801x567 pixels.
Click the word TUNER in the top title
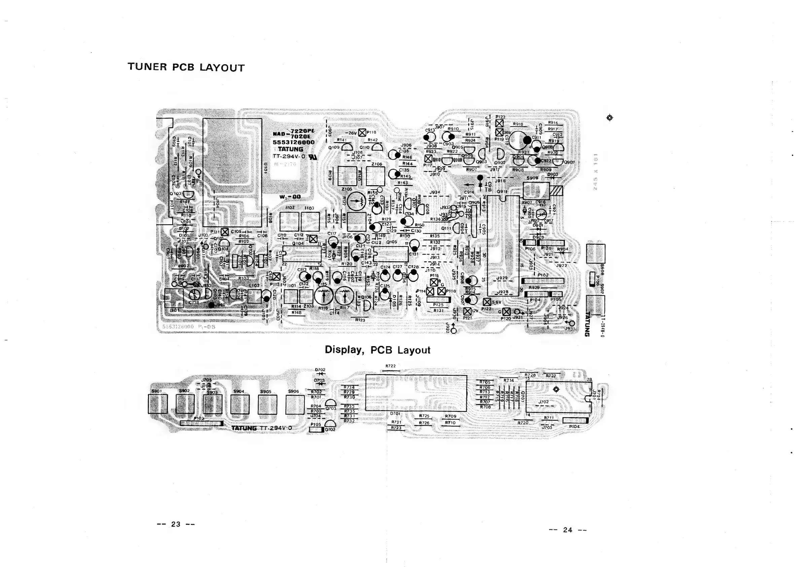coord(147,67)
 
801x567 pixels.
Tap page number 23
coord(176,524)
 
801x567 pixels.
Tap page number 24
coord(568,530)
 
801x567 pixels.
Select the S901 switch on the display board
coord(157,404)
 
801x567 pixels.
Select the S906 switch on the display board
coord(295,404)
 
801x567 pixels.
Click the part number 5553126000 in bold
coord(293,142)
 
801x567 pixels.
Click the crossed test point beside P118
coord(362,132)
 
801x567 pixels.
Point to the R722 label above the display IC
coord(390,366)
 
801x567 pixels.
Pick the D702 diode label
coord(320,369)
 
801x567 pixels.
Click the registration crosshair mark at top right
coord(610,118)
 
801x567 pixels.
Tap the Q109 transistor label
coord(333,147)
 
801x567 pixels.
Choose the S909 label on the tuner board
coord(532,178)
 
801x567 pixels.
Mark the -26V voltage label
coord(351,133)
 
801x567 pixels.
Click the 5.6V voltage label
coord(497,302)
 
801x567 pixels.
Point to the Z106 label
coord(376,164)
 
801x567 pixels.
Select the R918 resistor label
coord(518,124)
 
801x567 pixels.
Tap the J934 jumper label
coord(435,192)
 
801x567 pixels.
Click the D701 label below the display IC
coord(395,413)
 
